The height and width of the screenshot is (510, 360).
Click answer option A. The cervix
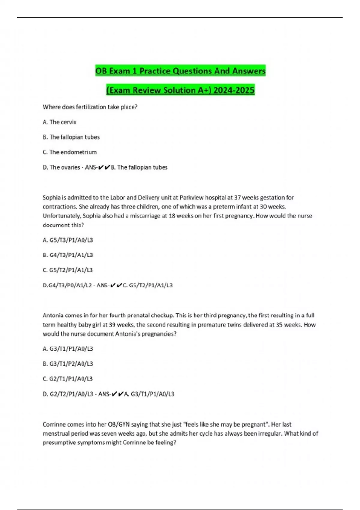pyautogui.click(x=59, y=122)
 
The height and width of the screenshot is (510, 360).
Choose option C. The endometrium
pyautogui.click(x=70, y=152)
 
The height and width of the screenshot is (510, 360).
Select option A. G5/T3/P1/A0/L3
pyautogui.click(x=68, y=240)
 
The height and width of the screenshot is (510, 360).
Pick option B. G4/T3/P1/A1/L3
pyautogui.click(x=68, y=255)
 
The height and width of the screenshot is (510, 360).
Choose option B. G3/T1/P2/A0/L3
pyautogui.click(x=68, y=364)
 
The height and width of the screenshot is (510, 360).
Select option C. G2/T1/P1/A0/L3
pyautogui.click(x=68, y=379)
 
